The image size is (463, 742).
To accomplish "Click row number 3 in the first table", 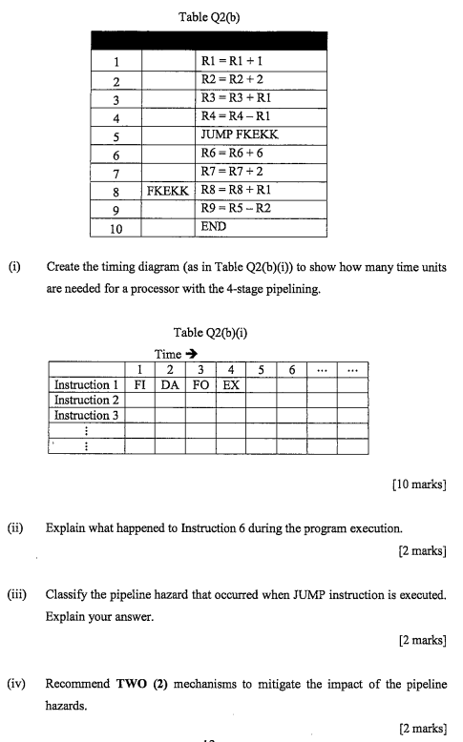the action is coord(115,99).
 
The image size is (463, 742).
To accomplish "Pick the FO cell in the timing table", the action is coord(200,385).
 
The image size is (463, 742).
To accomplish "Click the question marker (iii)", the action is coord(19,594).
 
